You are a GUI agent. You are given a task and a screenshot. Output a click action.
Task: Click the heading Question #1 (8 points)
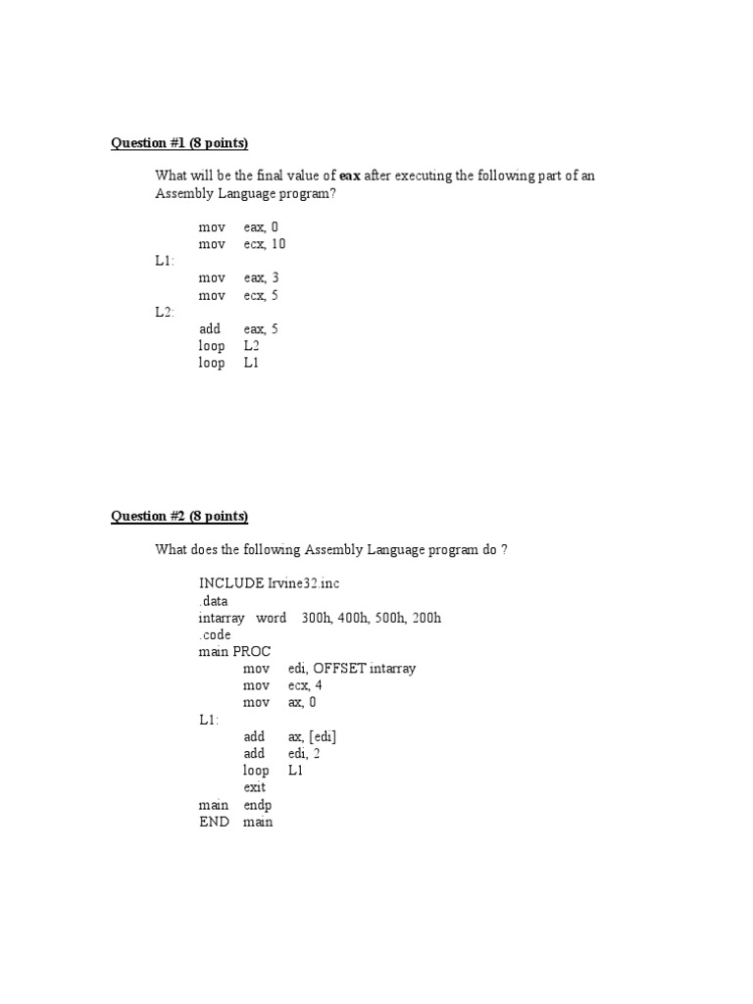point(179,143)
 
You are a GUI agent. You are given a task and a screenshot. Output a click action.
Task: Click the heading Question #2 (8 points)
point(179,517)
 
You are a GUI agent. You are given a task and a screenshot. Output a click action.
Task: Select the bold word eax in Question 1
point(350,176)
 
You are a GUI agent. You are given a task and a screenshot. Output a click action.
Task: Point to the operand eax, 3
point(262,278)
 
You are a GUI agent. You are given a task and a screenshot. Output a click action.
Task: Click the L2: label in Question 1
point(164,312)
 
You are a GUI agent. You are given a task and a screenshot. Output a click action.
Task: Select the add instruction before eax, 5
point(210,329)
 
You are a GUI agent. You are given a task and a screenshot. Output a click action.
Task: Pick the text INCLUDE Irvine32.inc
point(269,583)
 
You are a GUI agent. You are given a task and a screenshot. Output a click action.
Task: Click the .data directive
point(213,600)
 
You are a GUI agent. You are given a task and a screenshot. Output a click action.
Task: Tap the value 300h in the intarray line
point(318,618)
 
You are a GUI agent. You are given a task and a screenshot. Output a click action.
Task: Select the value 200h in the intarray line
point(427,618)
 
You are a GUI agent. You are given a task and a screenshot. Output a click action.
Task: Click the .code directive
point(215,634)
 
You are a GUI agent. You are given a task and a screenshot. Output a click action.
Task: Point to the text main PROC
point(234,652)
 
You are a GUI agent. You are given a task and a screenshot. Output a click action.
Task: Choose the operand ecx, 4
point(306,685)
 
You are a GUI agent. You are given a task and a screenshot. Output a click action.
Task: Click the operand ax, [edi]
point(313,736)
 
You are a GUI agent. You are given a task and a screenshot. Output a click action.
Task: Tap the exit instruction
point(255,787)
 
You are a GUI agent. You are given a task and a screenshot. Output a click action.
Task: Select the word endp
point(258,805)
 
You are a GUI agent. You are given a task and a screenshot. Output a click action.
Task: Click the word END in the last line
point(214,822)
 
